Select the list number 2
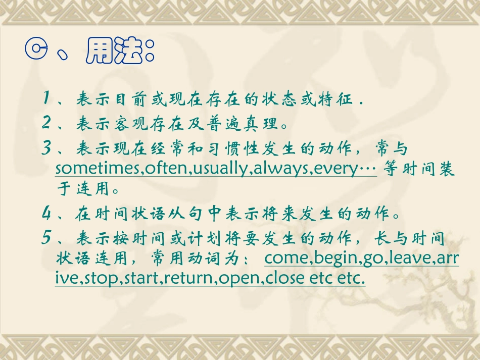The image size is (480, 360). point(47,122)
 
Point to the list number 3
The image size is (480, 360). point(47,148)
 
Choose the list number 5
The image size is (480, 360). point(47,238)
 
